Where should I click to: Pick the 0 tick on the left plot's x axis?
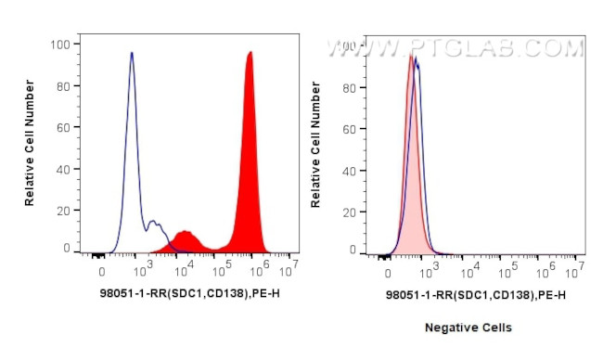(101, 271)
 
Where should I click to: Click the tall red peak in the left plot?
(250, 139)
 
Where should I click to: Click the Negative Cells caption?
(468, 328)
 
